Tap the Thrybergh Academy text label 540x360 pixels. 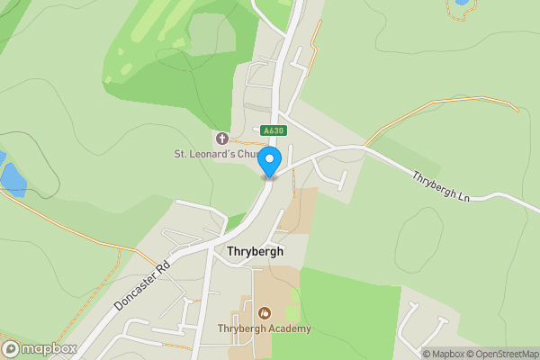click(265, 328)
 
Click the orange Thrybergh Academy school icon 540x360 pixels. click(265, 313)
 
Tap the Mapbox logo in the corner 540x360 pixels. click(38, 348)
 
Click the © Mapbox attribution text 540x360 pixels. click(445, 354)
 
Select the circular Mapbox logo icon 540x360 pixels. click(12, 348)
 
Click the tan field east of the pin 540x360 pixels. click(298, 210)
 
